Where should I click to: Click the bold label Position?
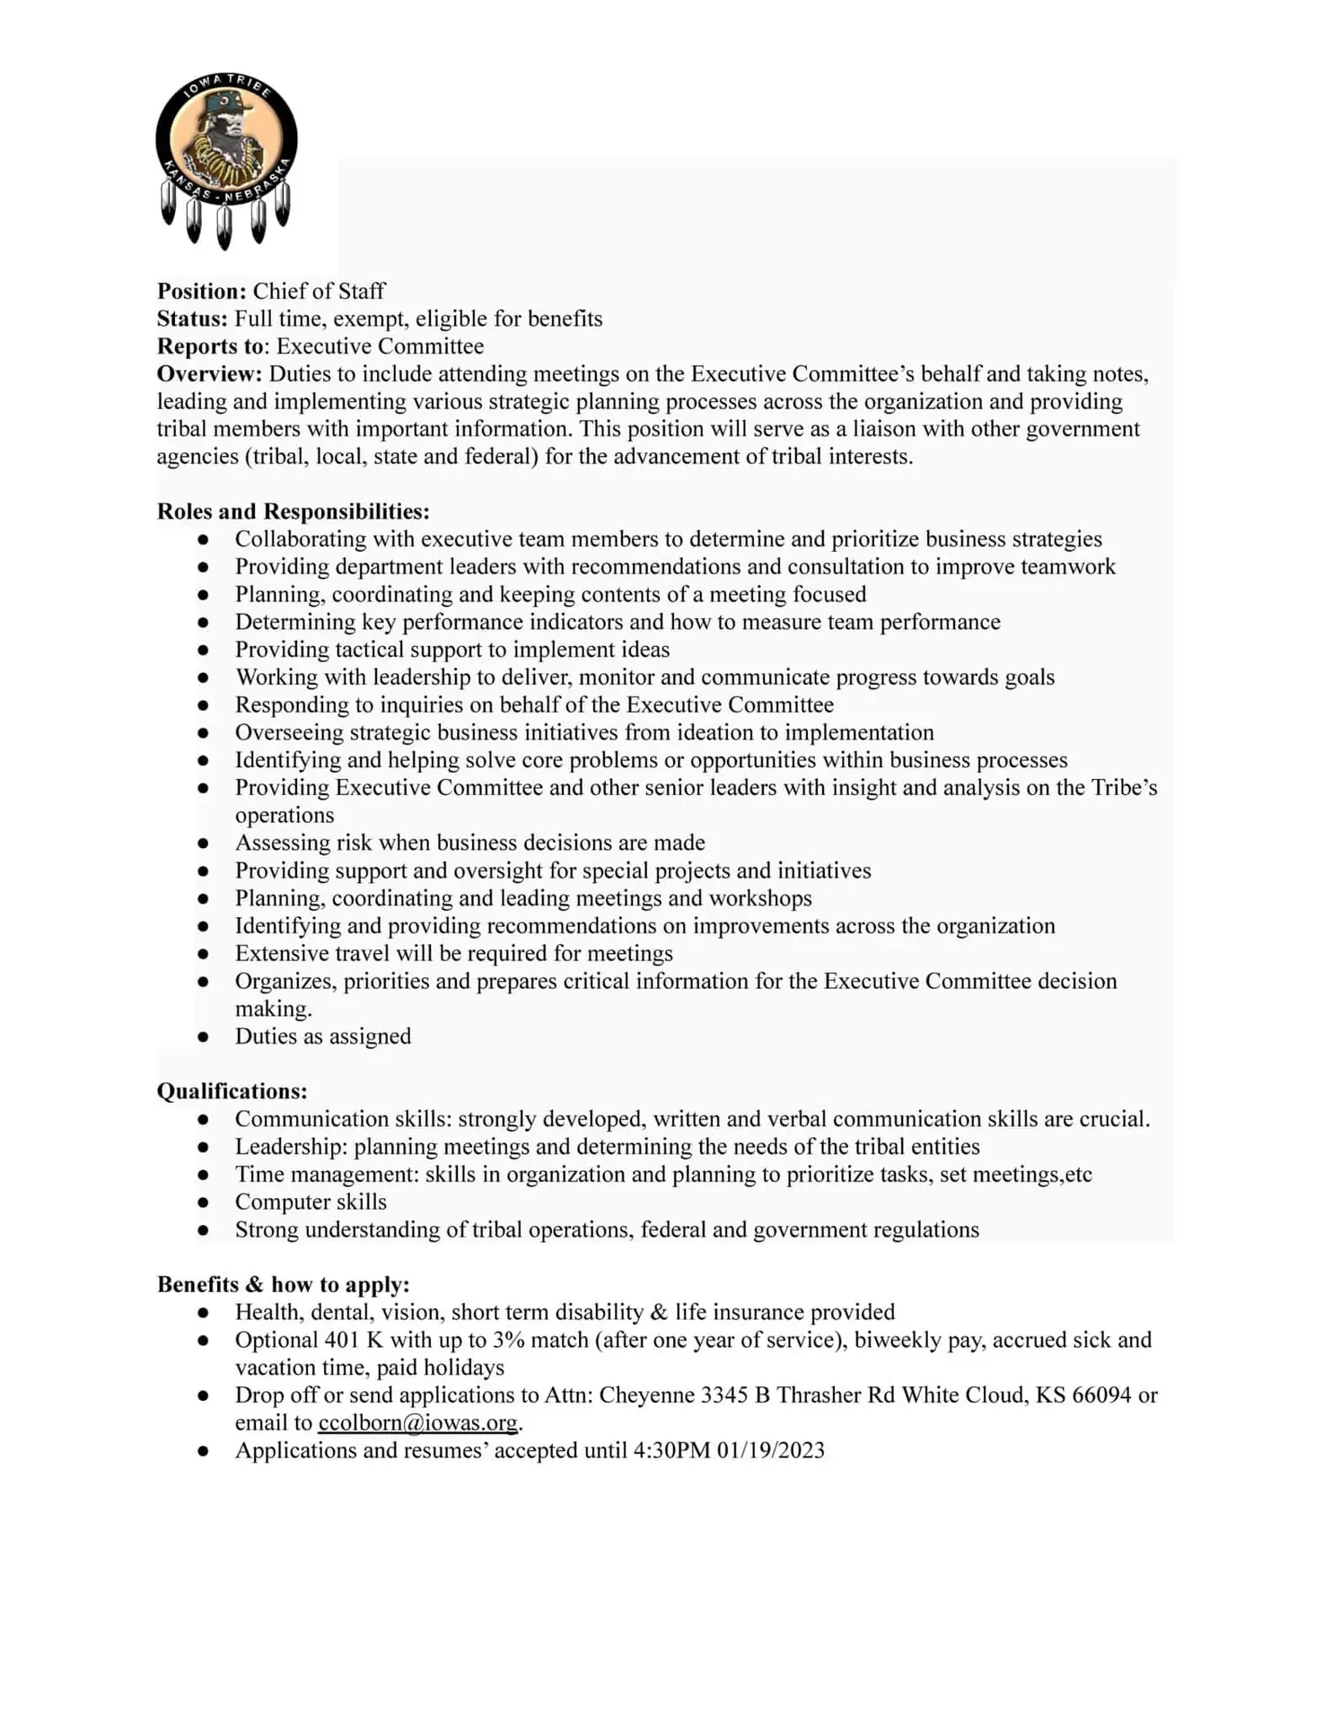201,292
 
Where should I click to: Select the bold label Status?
192,319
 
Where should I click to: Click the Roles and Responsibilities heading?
293,512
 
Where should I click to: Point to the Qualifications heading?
232,1091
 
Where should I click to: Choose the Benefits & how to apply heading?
283,1284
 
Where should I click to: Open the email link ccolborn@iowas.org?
417,1423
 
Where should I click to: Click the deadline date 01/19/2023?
770,1451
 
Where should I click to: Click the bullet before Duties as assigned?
204,1037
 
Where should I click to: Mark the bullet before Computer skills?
204,1203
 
